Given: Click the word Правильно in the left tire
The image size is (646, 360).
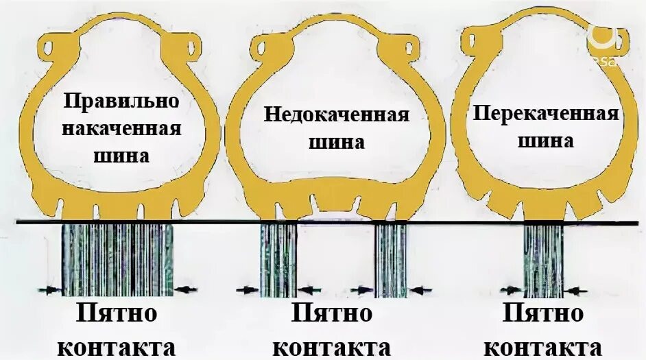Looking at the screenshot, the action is coord(122,101).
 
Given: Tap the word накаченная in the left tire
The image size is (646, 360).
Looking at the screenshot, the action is coord(123,128).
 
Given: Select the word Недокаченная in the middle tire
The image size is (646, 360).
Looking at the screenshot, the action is coord(337,115).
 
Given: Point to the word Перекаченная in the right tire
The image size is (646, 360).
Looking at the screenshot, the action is coord(546,113).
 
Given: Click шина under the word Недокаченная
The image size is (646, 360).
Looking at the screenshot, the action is coord(335,143).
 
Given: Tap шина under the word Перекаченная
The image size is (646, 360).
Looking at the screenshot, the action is coord(546,142).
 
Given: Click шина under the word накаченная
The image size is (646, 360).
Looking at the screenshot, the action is coord(122,155).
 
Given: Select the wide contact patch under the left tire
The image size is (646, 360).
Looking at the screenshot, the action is coord(117,259).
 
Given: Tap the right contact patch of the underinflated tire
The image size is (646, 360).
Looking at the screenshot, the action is coord(391,259).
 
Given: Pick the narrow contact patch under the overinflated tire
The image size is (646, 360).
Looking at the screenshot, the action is coord(543,259).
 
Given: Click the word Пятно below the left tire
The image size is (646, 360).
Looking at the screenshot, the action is coord(117,315).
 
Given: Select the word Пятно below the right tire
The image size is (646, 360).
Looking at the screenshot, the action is coord(544,315).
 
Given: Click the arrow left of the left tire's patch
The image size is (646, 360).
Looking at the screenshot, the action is coord(50,290).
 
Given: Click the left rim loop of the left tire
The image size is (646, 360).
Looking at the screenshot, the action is coord(52,50).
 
